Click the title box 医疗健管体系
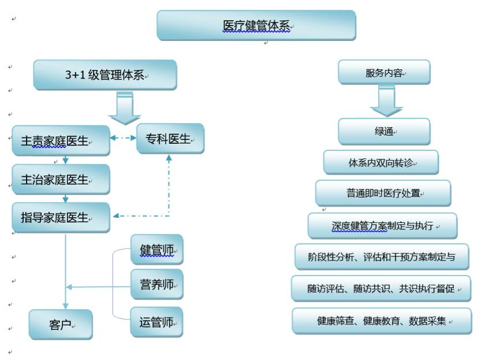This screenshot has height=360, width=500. [256, 25]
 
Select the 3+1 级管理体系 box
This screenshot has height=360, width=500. [105, 75]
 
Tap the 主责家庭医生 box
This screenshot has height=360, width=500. [61, 140]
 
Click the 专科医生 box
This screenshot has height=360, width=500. [170, 139]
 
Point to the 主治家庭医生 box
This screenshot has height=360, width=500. [61, 179]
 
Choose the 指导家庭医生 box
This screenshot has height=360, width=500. [61, 217]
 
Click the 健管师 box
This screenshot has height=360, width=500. [157, 250]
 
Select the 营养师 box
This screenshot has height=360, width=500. [157, 284]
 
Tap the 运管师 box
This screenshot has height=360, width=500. [156, 322]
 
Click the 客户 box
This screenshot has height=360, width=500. [61, 324]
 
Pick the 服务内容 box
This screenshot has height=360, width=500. [385, 72]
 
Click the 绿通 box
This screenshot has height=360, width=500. [385, 132]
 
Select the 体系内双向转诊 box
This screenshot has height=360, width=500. [381, 162]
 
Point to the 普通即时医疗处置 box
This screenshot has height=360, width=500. [383, 193]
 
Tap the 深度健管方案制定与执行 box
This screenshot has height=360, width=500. [383, 225]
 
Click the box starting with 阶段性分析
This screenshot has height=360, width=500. [382, 257]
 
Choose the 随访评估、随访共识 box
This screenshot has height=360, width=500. [381, 288]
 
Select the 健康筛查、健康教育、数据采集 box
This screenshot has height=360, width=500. [382, 321]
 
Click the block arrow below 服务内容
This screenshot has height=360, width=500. [386, 101]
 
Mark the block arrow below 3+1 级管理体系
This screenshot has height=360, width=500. [125, 108]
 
